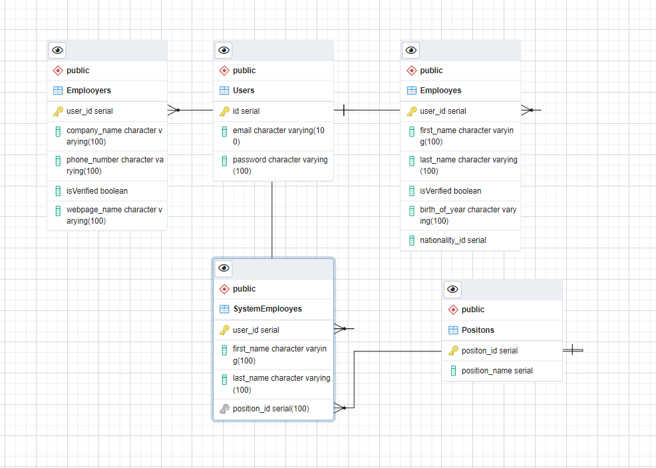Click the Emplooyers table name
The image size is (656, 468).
tap(88, 91)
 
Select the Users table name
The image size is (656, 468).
tap(244, 91)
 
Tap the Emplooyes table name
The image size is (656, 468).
tap(440, 91)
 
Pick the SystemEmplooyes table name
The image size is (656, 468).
tap(267, 309)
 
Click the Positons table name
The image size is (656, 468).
tap(478, 330)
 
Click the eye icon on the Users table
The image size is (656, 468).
tap(224, 50)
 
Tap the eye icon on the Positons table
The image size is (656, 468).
tap(452, 289)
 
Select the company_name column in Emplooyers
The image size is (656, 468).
tap(114, 136)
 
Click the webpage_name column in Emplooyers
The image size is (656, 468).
tap(114, 215)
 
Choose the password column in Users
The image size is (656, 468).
tap(279, 165)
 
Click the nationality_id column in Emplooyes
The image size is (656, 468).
tap(452, 240)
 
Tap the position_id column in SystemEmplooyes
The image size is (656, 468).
tap(270, 408)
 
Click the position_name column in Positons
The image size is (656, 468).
tap(496, 371)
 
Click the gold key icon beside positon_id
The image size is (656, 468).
tap(453, 351)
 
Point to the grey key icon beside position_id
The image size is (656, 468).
tap(224, 408)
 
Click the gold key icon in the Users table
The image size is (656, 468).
tap(224, 111)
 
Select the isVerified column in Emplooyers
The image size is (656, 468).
tap(96, 191)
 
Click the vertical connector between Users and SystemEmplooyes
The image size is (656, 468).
tap(272, 220)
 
